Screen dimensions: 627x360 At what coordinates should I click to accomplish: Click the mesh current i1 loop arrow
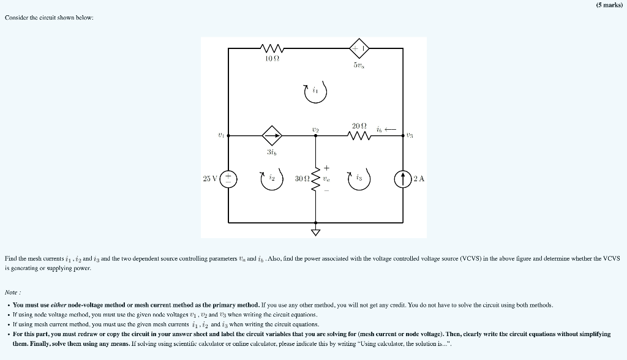coord(316,91)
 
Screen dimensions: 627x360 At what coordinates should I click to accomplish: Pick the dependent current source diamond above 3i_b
coord(272,133)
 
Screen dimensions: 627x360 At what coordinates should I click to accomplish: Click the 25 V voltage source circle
coord(228,178)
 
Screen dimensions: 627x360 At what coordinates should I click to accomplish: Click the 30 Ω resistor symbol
coord(316,178)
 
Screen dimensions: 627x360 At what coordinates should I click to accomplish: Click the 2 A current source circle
coord(404,178)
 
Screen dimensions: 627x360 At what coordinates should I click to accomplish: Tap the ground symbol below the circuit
coord(316,232)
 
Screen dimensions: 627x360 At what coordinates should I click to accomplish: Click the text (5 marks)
coord(607,4)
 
